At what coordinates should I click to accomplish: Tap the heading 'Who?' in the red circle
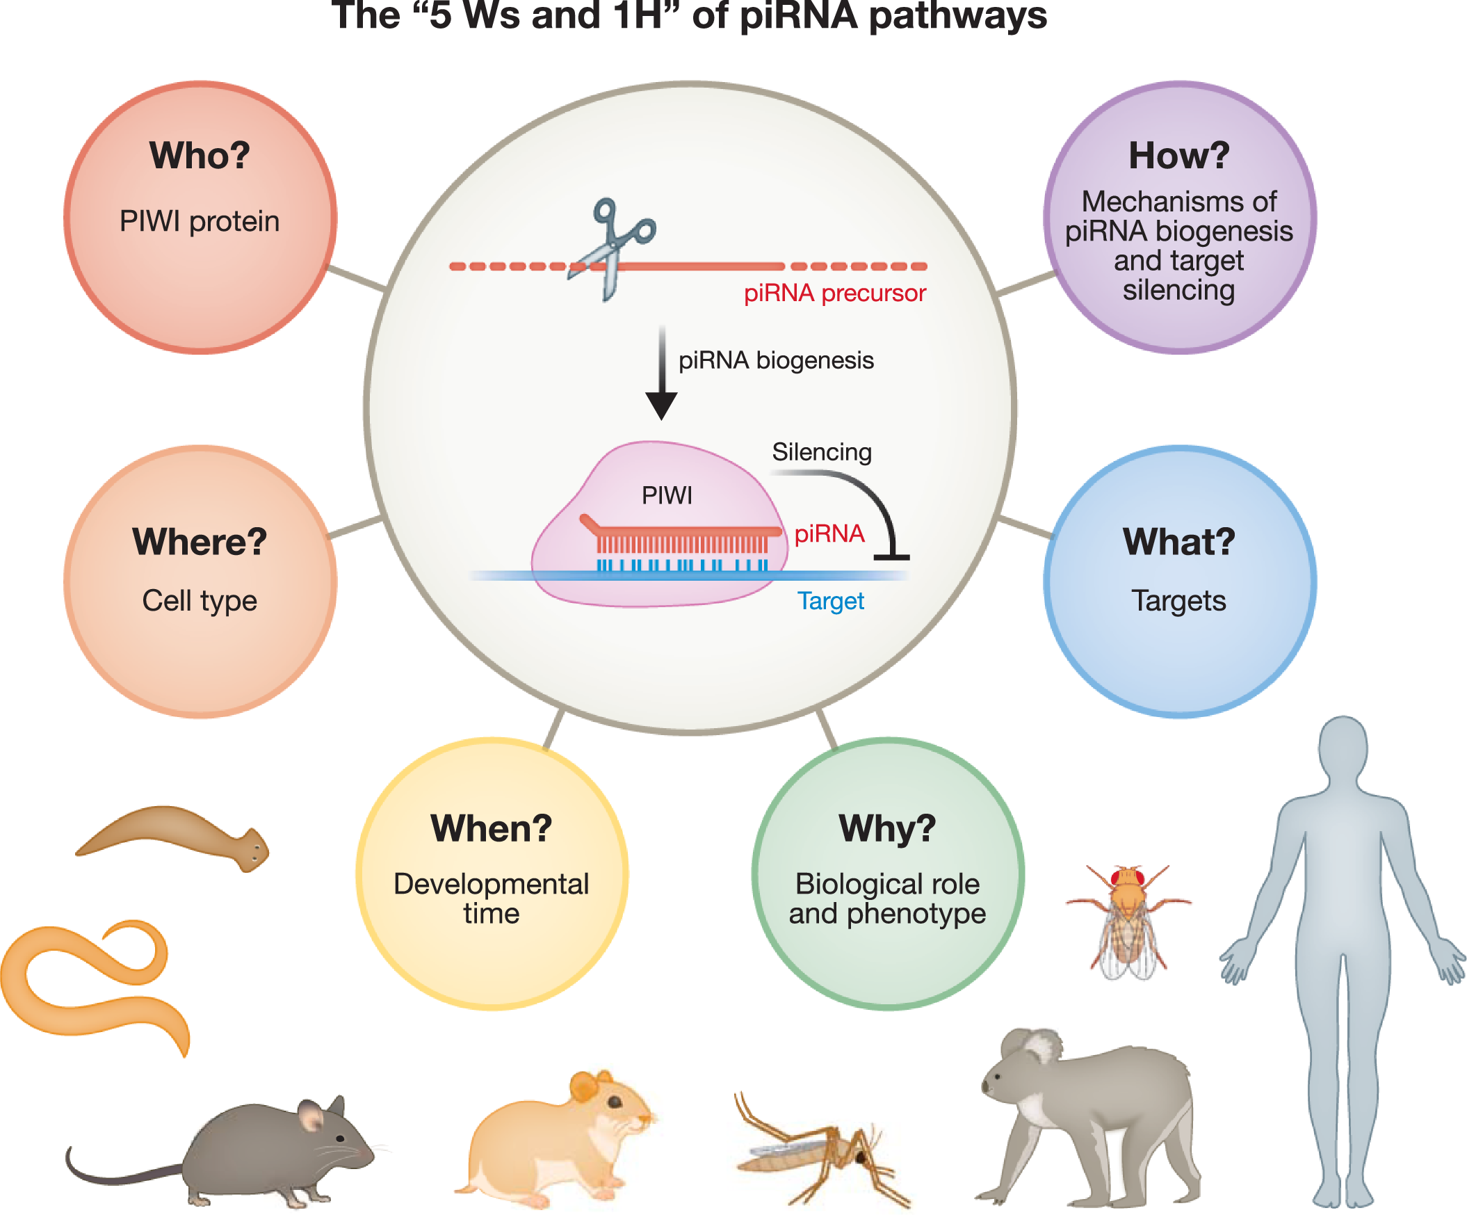tap(200, 155)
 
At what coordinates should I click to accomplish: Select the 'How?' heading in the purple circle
tap(1179, 155)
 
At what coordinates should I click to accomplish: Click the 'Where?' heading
tap(200, 542)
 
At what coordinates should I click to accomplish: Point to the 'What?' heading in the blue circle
tap(1179, 542)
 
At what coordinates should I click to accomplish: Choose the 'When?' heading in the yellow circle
tap(491, 828)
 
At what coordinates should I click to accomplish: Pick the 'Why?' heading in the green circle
tap(887, 828)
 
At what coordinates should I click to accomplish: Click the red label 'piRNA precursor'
tap(834, 293)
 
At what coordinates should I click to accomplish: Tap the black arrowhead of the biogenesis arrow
tap(661, 405)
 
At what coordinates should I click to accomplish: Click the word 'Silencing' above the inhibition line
tap(822, 452)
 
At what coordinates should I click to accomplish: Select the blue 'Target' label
tap(831, 601)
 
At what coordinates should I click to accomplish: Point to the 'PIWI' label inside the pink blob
tap(667, 495)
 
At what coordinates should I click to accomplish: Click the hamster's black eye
tap(615, 1102)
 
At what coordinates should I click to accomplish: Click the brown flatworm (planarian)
tap(175, 835)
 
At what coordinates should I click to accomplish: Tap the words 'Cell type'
tap(200, 601)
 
